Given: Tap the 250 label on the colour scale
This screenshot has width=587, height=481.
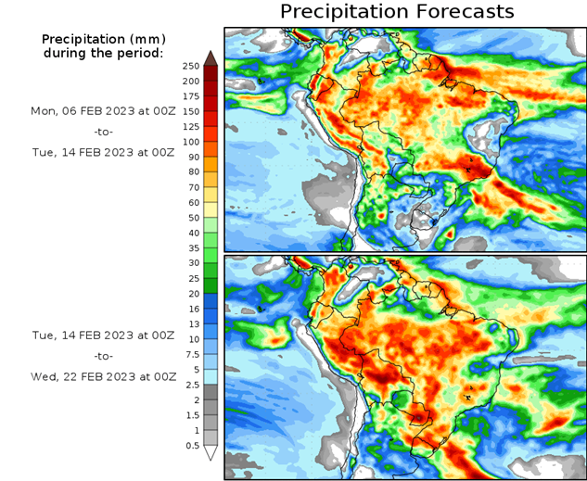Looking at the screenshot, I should (190, 66).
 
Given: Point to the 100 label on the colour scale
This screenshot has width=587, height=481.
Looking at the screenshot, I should (190, 142).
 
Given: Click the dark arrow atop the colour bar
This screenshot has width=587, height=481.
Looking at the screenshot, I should (211, 58).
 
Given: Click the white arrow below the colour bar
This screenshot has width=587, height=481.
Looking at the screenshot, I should (211, 453).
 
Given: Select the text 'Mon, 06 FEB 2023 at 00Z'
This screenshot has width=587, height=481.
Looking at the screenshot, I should (103, 110).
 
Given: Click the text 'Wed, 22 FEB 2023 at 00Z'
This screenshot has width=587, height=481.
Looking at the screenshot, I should (103, 377).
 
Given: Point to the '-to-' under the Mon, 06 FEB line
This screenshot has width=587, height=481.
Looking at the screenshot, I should (103, 132).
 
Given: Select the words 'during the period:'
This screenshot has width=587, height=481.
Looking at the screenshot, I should (103, 53).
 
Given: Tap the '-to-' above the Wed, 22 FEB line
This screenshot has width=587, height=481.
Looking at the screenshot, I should (103, 356).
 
